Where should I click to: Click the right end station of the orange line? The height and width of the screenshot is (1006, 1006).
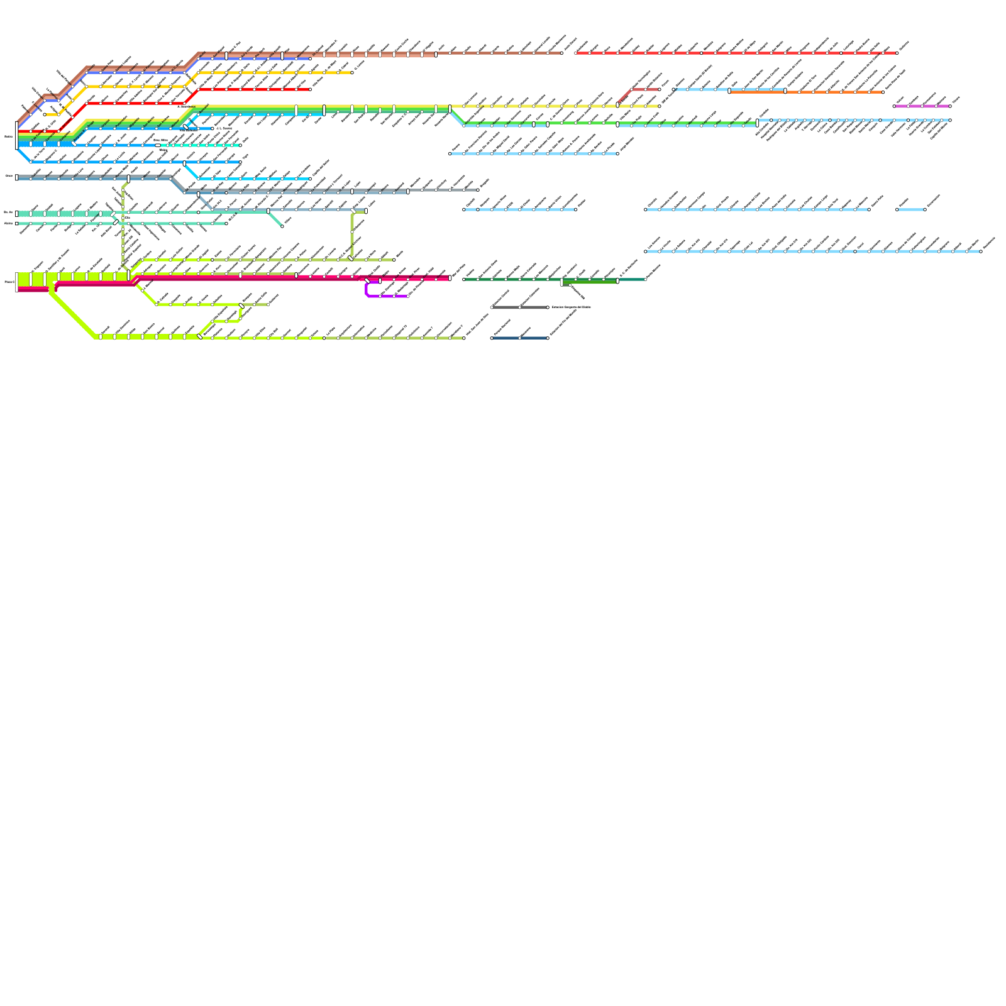point(883,92)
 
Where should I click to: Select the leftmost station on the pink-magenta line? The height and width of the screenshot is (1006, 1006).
point(894,106)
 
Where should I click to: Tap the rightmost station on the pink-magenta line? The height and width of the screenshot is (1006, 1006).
point(949,106)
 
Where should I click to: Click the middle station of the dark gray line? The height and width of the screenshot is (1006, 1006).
point(520,307)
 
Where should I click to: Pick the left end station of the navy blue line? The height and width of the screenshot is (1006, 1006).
point(492,338)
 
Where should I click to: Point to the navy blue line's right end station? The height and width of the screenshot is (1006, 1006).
point(548,338)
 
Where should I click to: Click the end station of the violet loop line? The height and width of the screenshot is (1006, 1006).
point(408,296)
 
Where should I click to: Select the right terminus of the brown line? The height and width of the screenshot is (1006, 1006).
point(561,53)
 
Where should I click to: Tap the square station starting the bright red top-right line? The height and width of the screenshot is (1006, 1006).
point(576,53)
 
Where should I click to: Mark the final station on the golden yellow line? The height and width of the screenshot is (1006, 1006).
point(352,72)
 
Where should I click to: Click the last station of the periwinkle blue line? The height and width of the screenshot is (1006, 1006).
point(310,59)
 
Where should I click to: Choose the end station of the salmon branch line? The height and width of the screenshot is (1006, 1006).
point(659,89)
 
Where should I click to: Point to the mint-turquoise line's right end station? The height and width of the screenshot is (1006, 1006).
point(240,145)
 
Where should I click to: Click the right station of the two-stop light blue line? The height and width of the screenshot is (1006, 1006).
point(924,209)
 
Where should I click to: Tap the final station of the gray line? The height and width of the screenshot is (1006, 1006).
point(478,190)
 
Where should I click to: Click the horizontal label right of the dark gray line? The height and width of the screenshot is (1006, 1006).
point(571,307)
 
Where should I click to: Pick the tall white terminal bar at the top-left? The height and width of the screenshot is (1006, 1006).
point(17,135)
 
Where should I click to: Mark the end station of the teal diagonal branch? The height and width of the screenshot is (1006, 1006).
point(282,226)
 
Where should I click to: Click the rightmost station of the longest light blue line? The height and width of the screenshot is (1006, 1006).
point(981,251)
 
